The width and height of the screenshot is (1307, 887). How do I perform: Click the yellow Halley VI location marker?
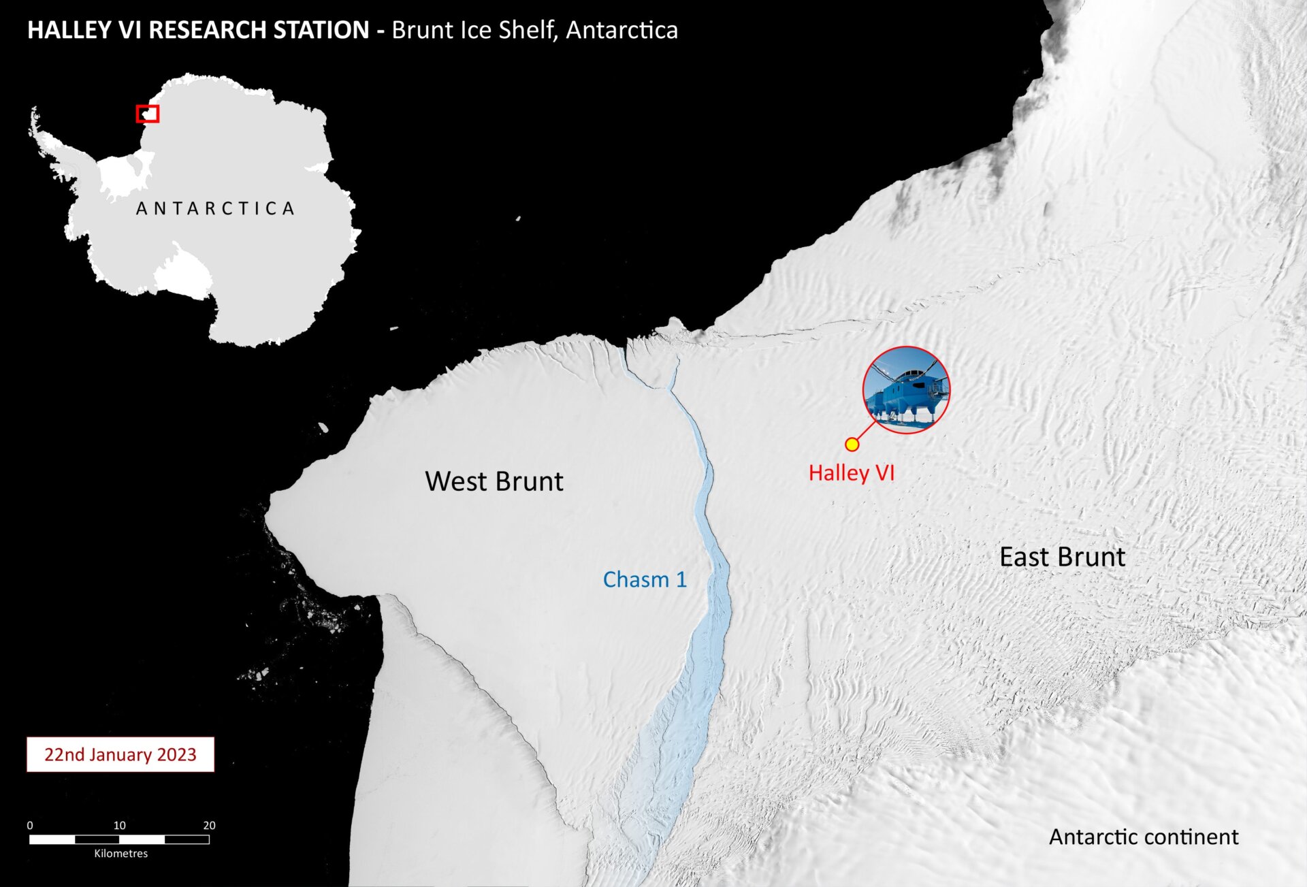tap(852, 445)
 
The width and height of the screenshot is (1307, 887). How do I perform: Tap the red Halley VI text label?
tap(851, 473)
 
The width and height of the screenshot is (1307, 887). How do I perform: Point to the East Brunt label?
tap(1062, 558)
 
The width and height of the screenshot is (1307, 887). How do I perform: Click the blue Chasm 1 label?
tap(645, 580)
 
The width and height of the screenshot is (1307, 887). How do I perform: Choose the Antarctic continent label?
tap(1144, 837)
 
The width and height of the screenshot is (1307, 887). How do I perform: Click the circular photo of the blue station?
tap(906, 390)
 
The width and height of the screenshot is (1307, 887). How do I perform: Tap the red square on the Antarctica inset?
tap(147, 114)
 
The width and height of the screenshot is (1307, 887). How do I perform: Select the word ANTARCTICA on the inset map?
tap(215, 208)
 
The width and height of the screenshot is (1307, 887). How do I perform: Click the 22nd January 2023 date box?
tap(120, 754)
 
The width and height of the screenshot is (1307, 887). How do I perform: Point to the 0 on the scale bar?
tap(30, 825)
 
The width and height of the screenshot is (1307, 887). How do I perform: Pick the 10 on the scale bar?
tap(120, 825)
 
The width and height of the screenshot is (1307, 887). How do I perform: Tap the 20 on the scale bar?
tap(209, 825)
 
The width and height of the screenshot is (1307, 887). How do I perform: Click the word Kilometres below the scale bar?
tap(120, 854)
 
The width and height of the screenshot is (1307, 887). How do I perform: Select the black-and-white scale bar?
tap(119, 839)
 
